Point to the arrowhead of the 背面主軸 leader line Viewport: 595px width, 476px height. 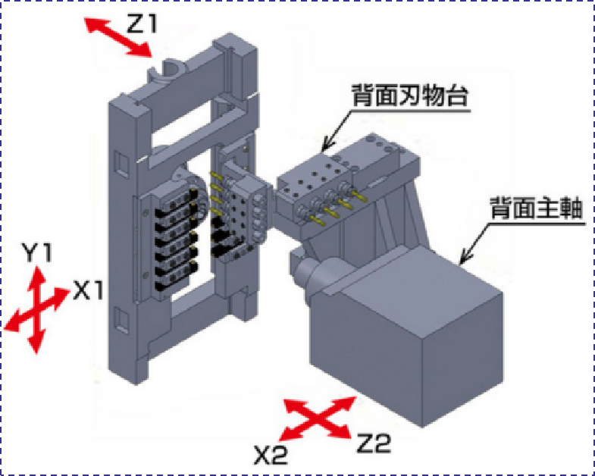462,262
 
